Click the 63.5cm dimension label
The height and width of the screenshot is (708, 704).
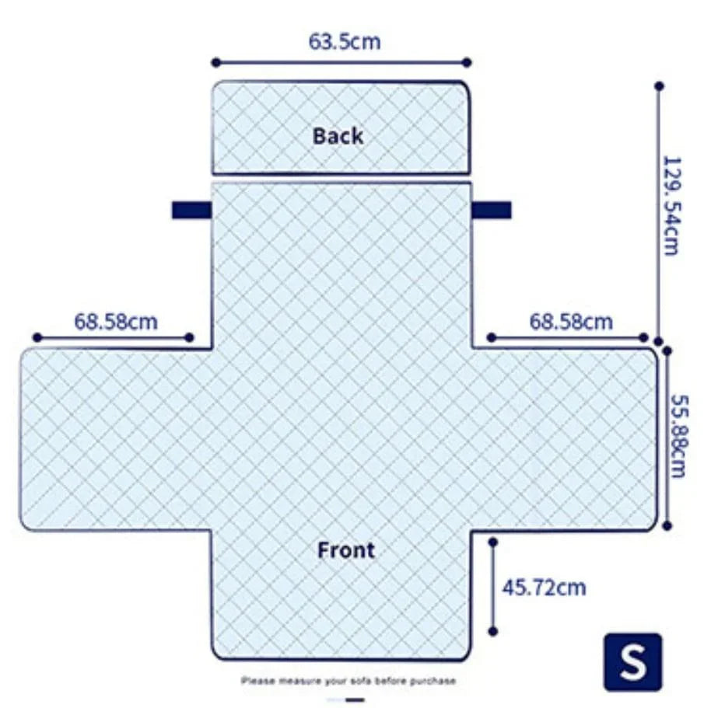tap(345, 41)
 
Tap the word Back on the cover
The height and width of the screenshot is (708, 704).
tap(338, 136)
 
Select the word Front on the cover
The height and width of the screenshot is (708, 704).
tap(346, 550)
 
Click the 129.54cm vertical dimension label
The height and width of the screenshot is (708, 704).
tap(671, 206)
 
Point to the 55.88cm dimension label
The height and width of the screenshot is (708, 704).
tap(678, 436)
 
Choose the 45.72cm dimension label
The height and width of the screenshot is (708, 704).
tap(544, 588)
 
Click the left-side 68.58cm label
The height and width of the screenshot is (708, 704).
tap(116, 322)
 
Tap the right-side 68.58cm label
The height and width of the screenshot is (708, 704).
tap(571, 322)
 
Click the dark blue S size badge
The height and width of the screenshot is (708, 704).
tap(633, 662)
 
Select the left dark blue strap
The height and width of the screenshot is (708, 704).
tap(191, 210)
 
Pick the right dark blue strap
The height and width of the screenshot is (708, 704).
tap(492, 210)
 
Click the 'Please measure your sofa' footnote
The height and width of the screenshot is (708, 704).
tap(348, 681)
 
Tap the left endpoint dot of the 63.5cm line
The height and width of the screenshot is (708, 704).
tap(216, 62)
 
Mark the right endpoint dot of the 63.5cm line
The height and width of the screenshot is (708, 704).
tap(468, 62)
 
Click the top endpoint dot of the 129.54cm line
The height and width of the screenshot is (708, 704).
tap(659, 85)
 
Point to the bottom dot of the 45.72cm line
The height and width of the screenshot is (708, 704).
tap(493, 631)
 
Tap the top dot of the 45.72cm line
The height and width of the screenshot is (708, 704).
tap(493, 542)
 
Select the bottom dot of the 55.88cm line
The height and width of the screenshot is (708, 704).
tap(667, 525)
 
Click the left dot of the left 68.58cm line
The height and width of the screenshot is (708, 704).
tap(37, 337)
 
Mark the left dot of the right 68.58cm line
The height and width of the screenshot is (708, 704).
tap(492, 337)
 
